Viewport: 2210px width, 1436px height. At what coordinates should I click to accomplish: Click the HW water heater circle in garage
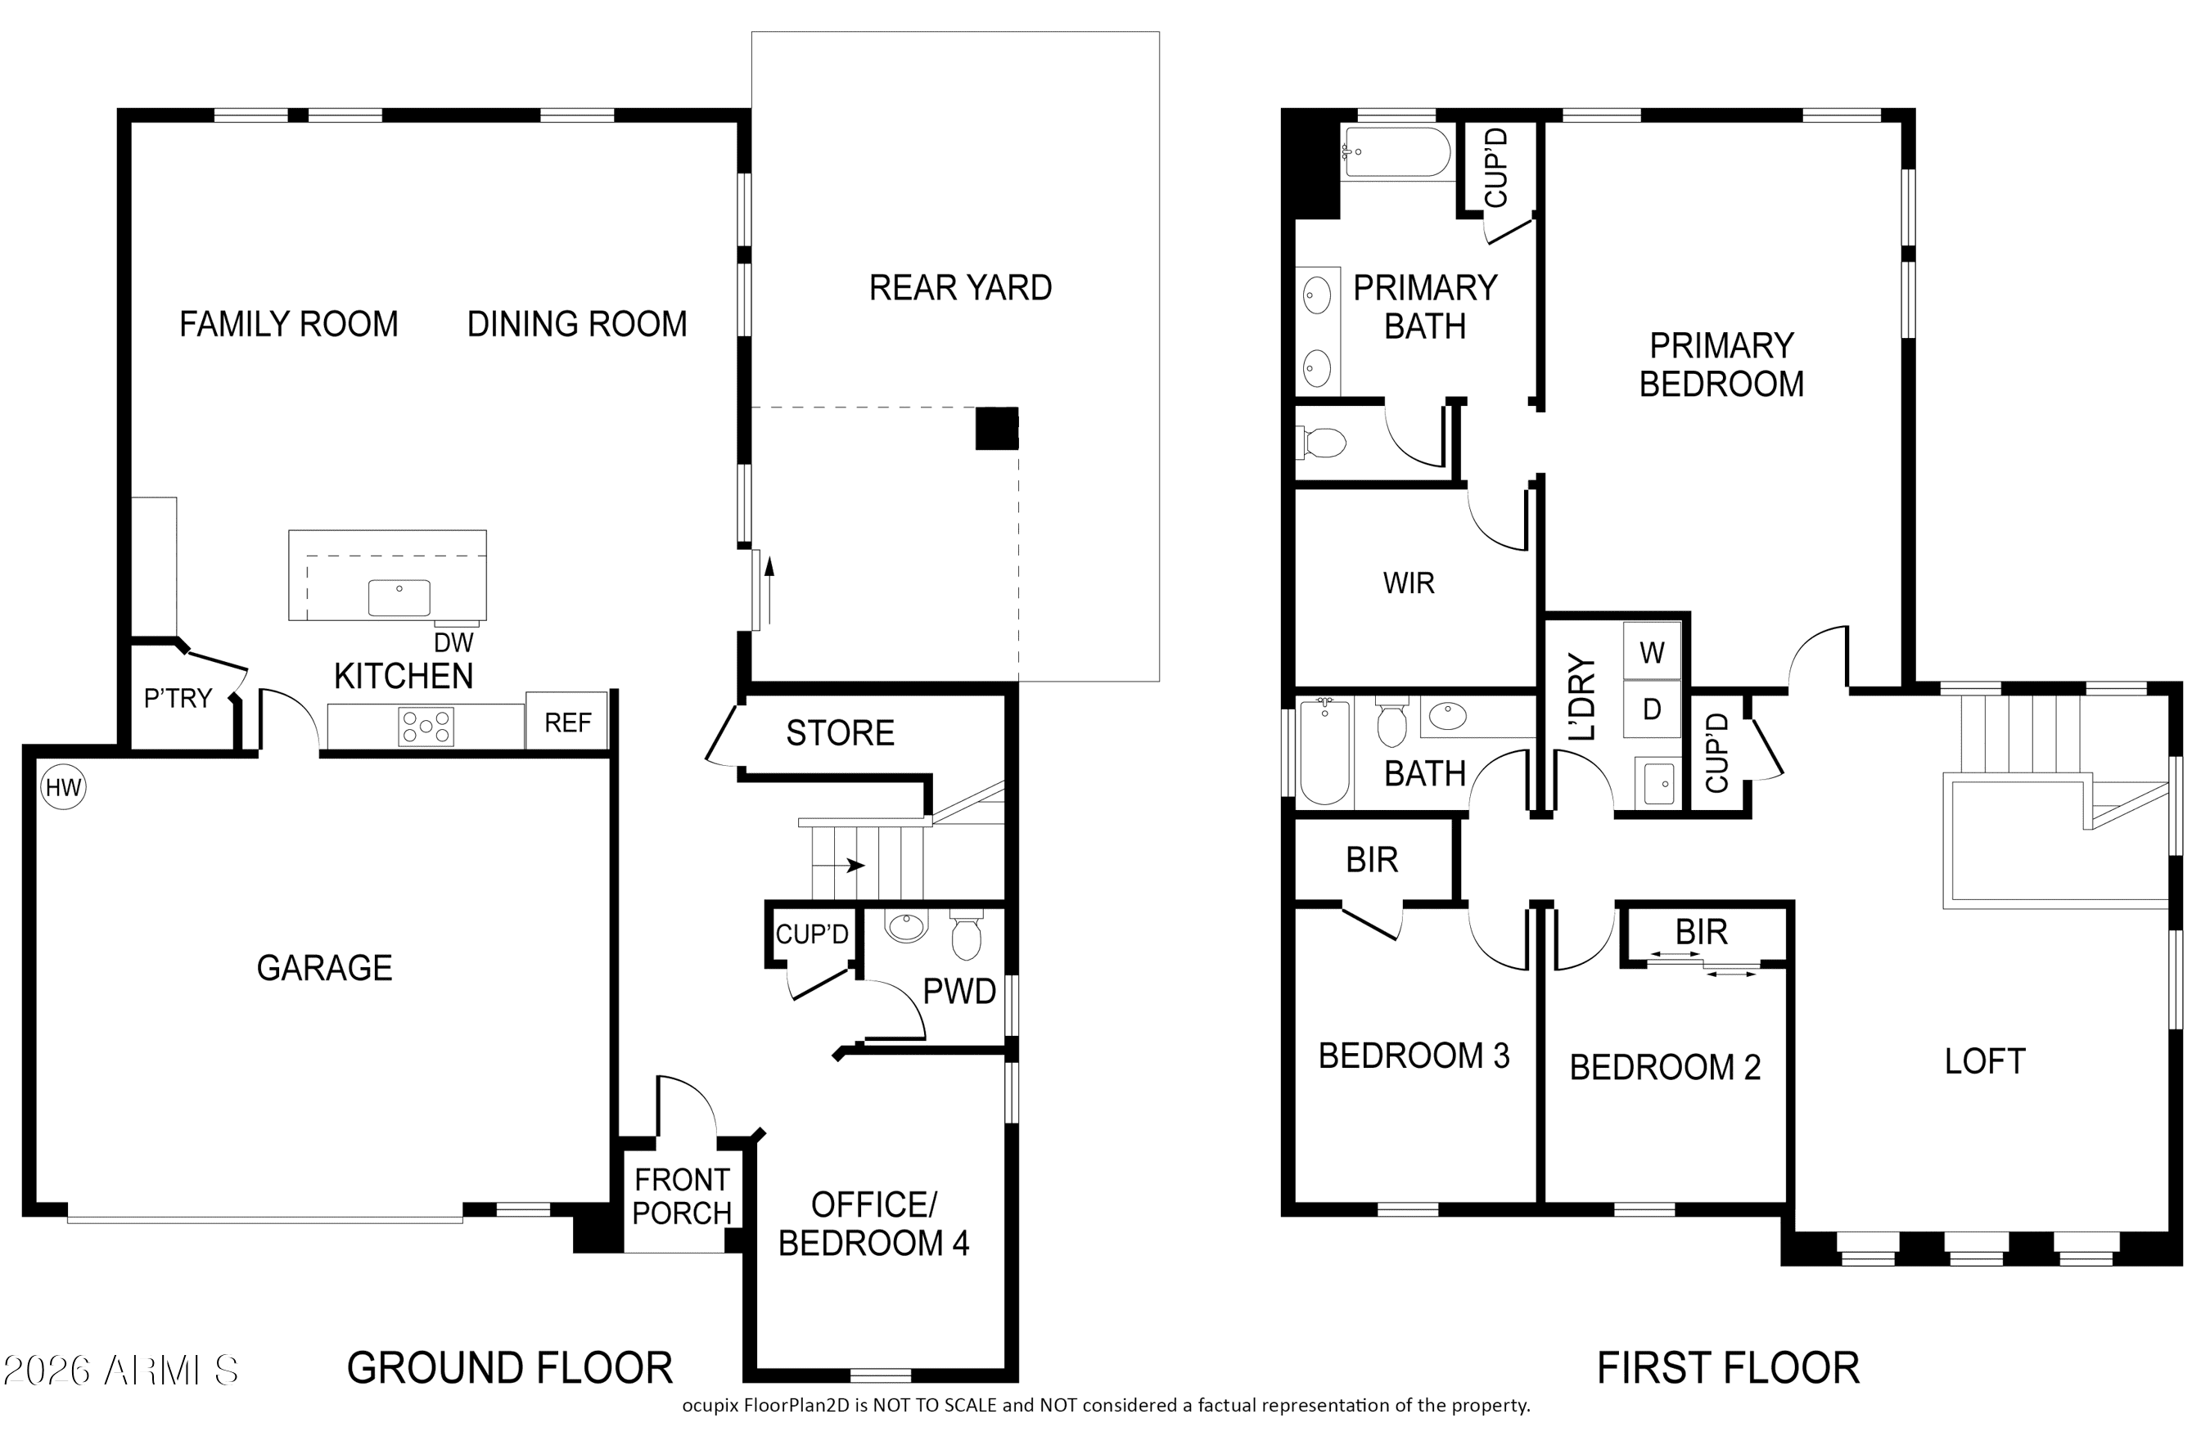[63, 788]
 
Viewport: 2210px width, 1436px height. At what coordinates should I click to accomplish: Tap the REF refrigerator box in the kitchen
[567, 720]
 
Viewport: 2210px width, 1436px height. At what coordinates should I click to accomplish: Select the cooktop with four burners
[426, 726]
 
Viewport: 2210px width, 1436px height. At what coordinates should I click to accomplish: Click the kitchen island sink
[399, 596]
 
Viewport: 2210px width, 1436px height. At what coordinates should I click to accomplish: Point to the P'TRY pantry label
[178, 697]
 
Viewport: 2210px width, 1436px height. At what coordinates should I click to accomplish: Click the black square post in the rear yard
[996, 429]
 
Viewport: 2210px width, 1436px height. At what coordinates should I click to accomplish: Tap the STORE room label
[841, 733]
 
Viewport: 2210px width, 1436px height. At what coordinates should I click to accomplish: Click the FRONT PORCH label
[683, 1196]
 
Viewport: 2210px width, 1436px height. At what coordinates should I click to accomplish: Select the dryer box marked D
[1652, 709]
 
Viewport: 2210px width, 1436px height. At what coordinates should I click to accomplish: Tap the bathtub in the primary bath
[1397, 152]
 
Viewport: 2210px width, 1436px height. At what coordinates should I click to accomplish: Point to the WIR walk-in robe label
[1409, 583]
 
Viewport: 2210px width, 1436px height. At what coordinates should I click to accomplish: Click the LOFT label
[1985, 1061]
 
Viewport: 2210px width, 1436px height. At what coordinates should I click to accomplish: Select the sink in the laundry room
[1658, 782]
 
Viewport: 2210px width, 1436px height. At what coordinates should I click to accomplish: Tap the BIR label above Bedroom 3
[1372, 861]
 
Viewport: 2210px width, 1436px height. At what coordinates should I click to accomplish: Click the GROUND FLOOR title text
[510, 1368]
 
